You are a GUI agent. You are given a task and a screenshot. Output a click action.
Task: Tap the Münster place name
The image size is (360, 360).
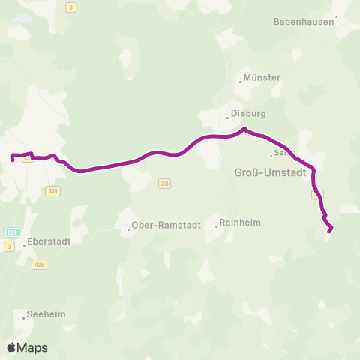pos(262,77)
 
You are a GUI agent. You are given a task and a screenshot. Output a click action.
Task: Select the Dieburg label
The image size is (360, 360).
pos(248,113)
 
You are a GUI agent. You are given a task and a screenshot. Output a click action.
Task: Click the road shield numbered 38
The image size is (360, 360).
pos(165,183)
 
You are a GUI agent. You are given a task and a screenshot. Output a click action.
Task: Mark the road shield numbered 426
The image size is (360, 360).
pos(40,264)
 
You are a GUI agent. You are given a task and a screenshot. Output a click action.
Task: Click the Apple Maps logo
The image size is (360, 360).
pos(27,347)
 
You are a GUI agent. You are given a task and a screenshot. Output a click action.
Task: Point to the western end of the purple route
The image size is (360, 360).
pos(13,159)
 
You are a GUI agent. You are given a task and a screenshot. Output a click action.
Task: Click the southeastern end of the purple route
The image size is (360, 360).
pos(330,230)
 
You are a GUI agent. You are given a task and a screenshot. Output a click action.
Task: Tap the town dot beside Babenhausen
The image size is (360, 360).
pos(337,16)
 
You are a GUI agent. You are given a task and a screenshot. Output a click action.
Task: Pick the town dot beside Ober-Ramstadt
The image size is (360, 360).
pos(128,229)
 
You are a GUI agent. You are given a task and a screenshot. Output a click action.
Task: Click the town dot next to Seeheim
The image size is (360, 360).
pos(23,315)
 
